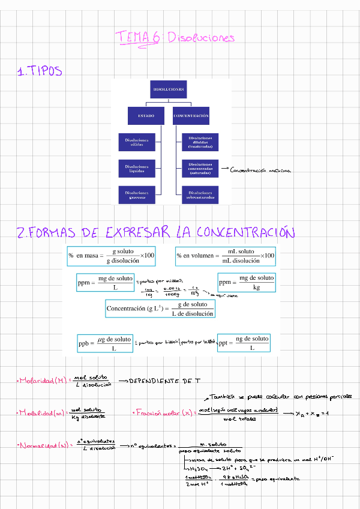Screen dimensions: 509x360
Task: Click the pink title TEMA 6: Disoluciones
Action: click(175, 38)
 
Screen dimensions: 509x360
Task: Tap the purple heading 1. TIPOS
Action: click(40, 72)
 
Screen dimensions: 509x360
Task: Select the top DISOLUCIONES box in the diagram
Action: click(169, 89)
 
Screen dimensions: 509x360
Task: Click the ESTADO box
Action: click(146, 115)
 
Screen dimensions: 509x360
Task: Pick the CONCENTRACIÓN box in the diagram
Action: click(191, 115)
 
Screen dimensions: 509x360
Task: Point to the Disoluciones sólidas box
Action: click(137, 142)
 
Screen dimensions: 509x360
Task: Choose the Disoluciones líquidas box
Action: click(137, 168)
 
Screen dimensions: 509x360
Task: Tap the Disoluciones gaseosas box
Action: click(137, 194)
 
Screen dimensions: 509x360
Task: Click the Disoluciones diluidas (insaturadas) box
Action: click(200, 142)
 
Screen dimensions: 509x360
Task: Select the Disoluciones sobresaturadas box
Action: click(200, 194)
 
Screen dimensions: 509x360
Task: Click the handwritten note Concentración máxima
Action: click(260, 170)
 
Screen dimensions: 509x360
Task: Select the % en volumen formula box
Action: click(226, 256)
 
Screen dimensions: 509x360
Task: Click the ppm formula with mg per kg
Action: click(246, 283)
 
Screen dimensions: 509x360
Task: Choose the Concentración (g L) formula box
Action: click(160, 309)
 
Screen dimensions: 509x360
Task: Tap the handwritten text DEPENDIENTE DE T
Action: click(163, 381)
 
